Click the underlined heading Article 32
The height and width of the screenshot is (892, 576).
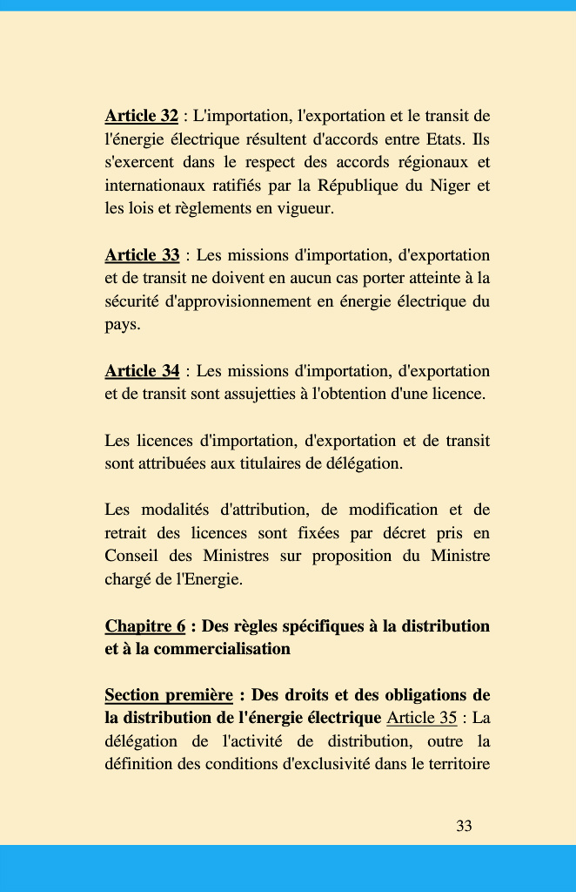141,116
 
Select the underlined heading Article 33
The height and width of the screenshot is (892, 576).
142,255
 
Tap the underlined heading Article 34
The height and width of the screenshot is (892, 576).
142,371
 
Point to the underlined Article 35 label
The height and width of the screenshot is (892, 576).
421,719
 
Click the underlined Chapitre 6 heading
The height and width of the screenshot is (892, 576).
144,626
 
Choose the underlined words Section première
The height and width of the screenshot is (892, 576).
168,695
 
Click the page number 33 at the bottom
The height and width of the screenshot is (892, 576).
464,826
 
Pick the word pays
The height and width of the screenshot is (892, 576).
122,325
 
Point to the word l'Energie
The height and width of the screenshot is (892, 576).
210,579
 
